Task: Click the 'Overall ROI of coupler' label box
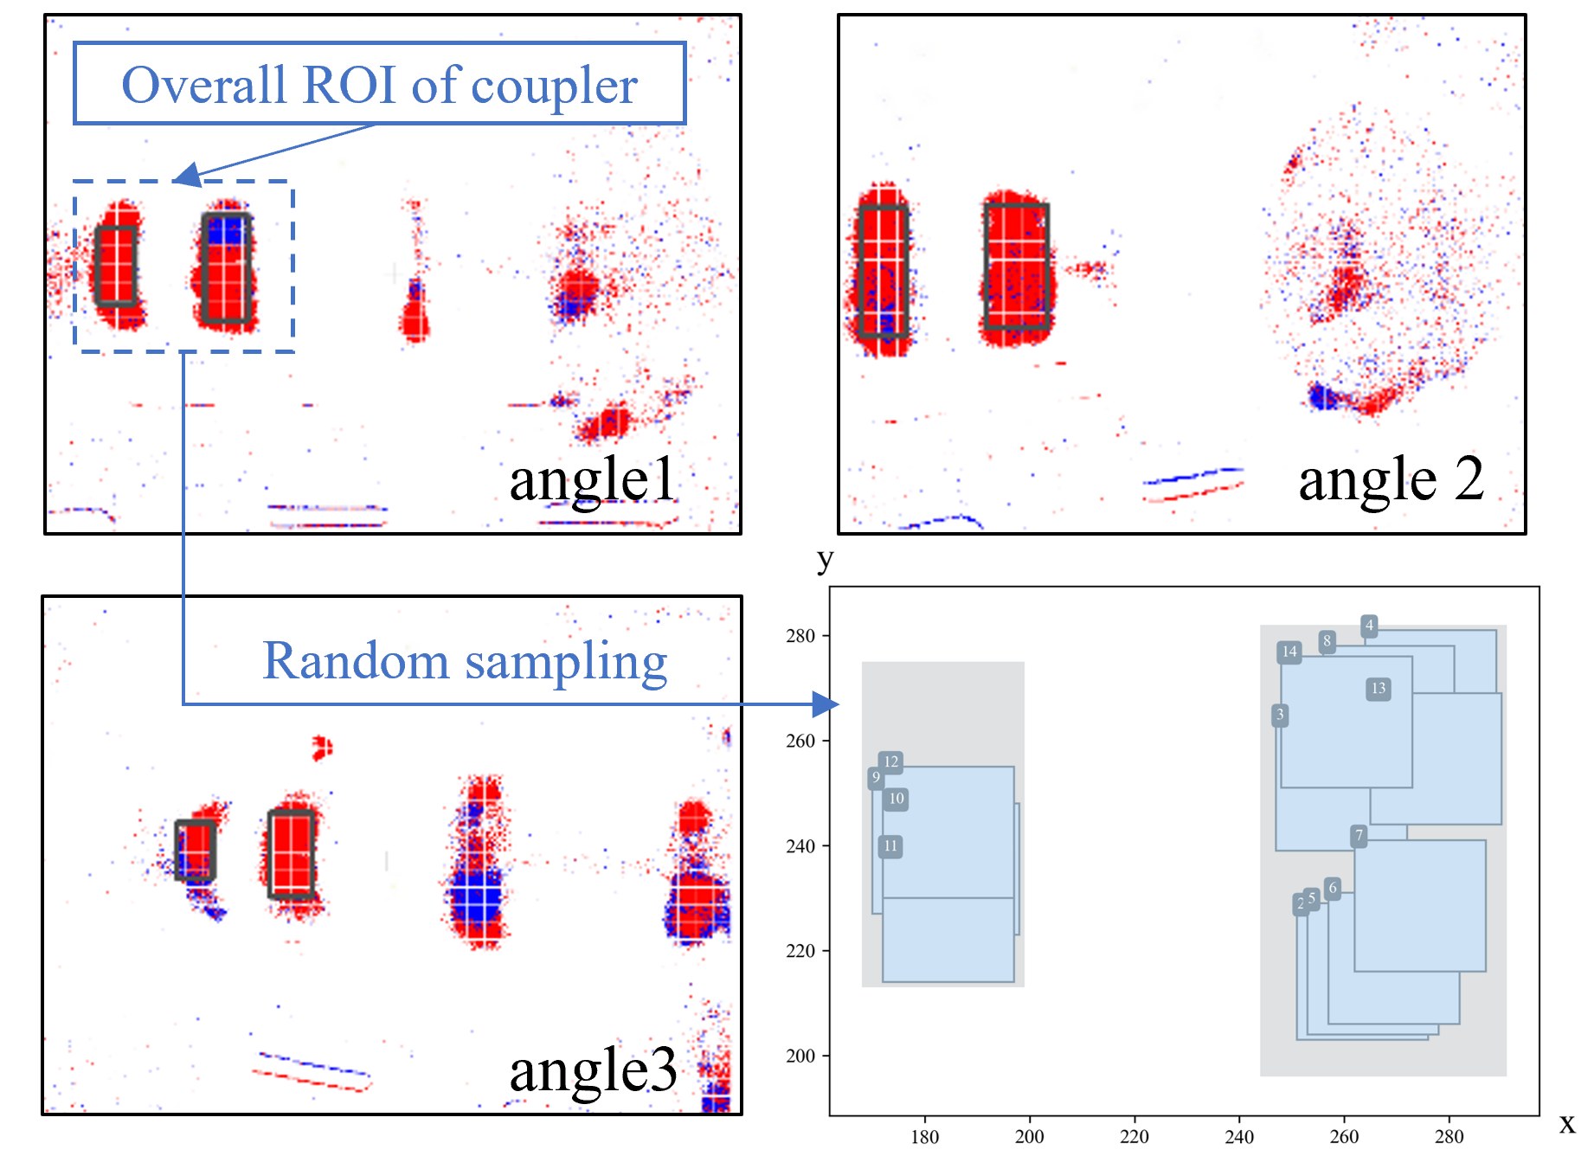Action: tap(379, 84)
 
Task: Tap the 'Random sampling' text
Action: tap(465, 662)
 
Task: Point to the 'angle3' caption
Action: tap(593, 1071)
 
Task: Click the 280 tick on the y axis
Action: tap(800, 636)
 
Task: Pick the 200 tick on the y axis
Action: tap(800, 1056)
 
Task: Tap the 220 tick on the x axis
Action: tap(1134, 1136)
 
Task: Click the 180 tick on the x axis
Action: tap(924, 1136)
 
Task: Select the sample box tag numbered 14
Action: tap(1289, 652)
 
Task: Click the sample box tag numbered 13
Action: tap(1379, 689)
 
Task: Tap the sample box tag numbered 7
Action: tap(1359, 836)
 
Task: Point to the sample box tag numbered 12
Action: tap(890, 762)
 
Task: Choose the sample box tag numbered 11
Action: tap(890, 846)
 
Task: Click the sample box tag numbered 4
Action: tap(1369, 625)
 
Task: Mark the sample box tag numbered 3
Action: tap(1280, 715)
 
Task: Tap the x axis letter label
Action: tap(1567, 1124)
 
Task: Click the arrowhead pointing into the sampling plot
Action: tap(826, 704)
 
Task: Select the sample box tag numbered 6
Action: tap(1333, 888)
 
